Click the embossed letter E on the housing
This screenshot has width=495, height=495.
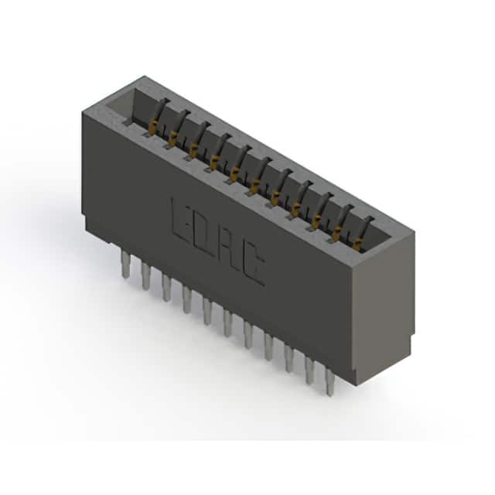183,220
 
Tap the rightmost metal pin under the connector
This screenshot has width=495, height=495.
330,383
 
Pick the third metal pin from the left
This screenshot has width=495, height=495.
166,287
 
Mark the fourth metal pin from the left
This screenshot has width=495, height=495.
186,299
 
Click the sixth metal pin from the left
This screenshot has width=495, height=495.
227,323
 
